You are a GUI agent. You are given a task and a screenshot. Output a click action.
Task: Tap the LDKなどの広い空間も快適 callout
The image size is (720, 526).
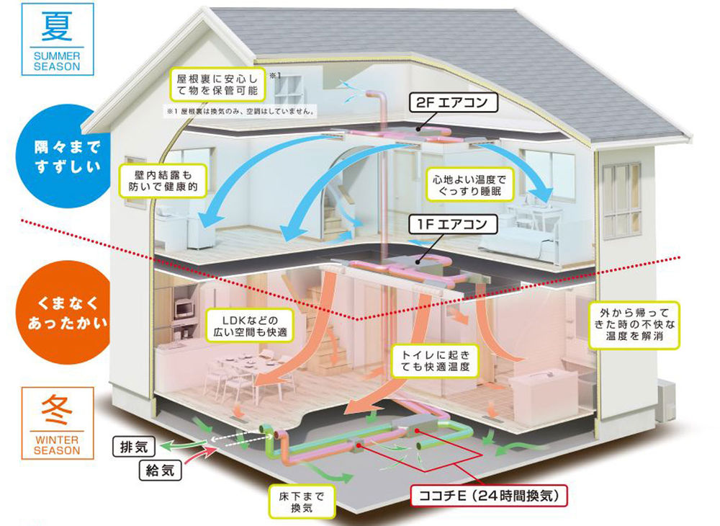pyautogui.click(x=247, y=326)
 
